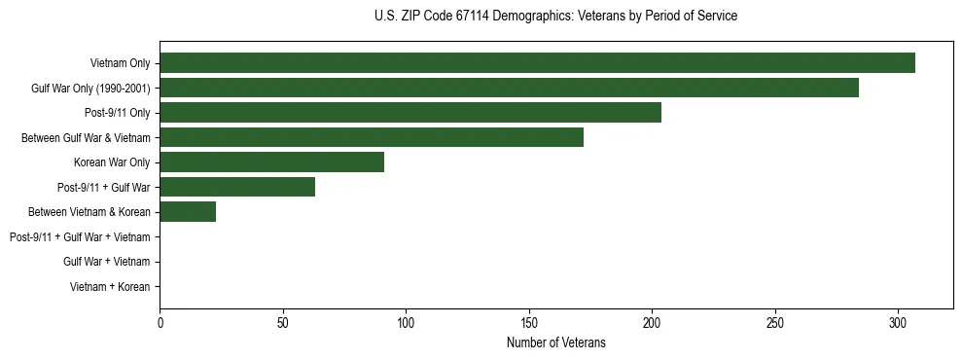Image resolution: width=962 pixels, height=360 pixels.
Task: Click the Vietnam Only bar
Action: (537, 62)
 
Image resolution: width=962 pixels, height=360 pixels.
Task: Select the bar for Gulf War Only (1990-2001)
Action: (509, 88)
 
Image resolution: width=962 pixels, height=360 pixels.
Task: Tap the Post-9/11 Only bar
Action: (410, 113)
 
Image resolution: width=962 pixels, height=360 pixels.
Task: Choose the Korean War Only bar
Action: (271, 162)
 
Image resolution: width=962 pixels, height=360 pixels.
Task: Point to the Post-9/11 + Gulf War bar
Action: (237, 187)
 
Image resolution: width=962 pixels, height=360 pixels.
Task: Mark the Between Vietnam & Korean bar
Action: (188, 212)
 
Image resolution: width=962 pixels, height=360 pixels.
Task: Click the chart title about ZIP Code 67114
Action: (555, 17)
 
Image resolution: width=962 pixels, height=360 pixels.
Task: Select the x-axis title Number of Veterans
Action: (555, 342)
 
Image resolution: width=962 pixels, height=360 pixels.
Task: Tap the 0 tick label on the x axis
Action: (160, 322)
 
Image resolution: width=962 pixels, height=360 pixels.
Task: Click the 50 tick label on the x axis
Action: (283, 322)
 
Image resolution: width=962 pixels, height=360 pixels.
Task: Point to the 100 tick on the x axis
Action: (406, 322)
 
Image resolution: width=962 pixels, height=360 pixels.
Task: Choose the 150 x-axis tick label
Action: (529, 322)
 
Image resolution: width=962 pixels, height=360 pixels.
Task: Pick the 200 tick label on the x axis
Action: (652, 322)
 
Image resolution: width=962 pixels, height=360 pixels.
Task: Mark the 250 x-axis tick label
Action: (775, 322)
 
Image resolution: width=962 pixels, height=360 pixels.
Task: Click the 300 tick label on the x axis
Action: (898, 322)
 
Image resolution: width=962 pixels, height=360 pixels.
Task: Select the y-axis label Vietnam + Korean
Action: (110, 287)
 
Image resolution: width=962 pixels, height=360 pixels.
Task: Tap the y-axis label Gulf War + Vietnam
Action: (106, 262)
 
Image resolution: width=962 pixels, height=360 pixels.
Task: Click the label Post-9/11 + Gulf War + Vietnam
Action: (80, 237)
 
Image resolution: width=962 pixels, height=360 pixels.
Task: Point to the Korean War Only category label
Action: (112, 162)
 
